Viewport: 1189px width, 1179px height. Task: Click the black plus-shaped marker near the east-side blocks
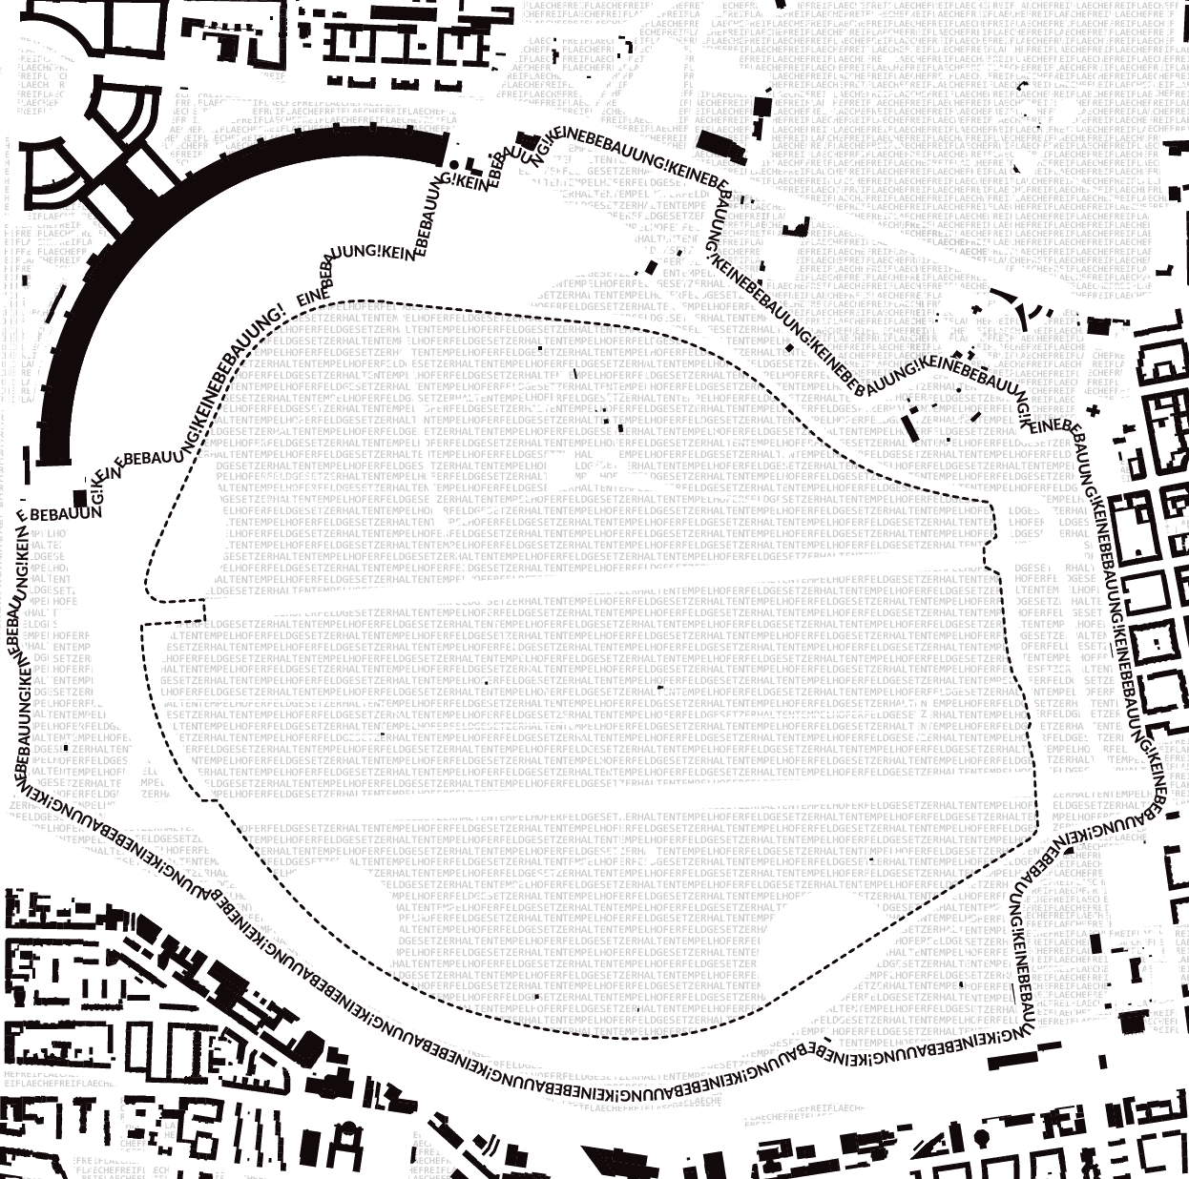point(1094,411)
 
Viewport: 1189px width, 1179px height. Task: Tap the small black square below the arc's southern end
point(79,497)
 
